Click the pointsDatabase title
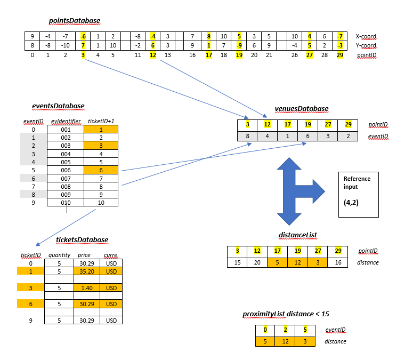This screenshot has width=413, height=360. coord(75,21)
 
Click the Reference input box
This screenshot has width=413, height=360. coord(358,195)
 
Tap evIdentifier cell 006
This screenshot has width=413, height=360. coord(66,170)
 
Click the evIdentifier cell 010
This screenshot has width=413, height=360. coord(66,203)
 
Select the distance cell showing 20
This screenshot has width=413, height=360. coord(257,262)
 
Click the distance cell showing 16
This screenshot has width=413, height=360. coord(339,262)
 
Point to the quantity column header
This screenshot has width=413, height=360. coord(59,255)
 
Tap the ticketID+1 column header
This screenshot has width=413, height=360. coord(101,121)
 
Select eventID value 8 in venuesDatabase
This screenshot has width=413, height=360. coord(247,136)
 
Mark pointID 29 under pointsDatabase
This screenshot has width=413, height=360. coord(340,55)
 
